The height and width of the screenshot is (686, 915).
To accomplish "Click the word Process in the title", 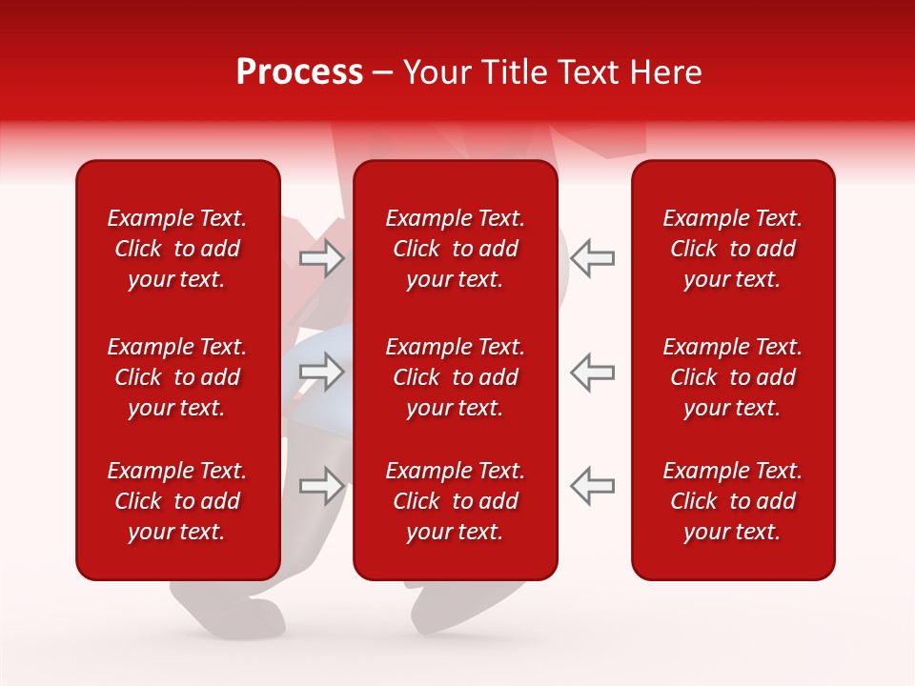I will [299, 72].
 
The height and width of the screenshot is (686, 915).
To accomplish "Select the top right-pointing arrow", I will [321, 258].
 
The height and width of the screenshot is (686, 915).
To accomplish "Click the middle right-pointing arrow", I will [321, 372].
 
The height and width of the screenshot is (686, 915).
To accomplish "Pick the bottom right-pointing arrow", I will [321, 485].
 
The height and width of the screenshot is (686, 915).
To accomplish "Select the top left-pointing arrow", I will [592, 258].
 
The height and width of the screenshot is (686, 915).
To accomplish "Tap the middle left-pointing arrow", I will [592, 372].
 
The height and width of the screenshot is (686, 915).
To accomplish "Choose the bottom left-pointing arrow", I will [592, 485].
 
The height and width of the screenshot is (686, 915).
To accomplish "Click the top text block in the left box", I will [177, 249].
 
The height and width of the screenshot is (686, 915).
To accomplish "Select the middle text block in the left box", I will [177, 377].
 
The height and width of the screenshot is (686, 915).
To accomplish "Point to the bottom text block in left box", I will [177, 501].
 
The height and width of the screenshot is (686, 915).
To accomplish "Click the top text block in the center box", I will [455, 249].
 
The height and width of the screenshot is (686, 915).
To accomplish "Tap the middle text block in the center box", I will [455, 377].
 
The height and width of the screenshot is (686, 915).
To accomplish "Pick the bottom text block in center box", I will [455, 501].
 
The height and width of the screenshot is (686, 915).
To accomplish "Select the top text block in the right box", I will [732, 249].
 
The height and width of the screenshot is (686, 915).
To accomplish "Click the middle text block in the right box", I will [732, 377].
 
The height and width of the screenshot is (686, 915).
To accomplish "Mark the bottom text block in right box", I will [732, 501].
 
